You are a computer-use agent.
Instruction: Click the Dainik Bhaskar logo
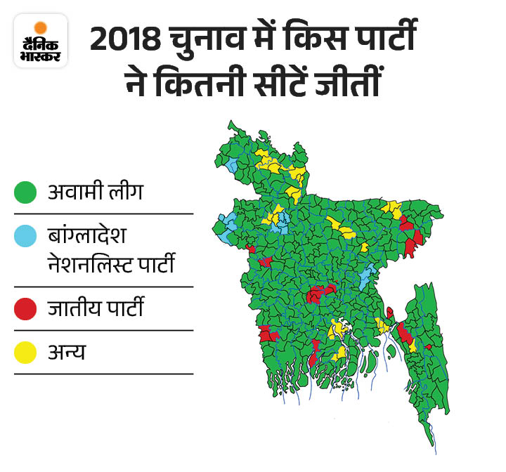click(40, 40)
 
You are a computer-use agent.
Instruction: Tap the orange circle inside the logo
click(40, 27)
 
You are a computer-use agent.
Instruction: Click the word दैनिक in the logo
click(40, 41)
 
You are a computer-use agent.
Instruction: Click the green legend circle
click(25, 192)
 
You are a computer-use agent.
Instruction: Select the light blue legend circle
click(25, 237)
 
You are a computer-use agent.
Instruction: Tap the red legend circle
click(25, 309)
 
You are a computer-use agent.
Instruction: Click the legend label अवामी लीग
click(95, 192)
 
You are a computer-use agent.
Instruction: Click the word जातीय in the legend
click(74, 308)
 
